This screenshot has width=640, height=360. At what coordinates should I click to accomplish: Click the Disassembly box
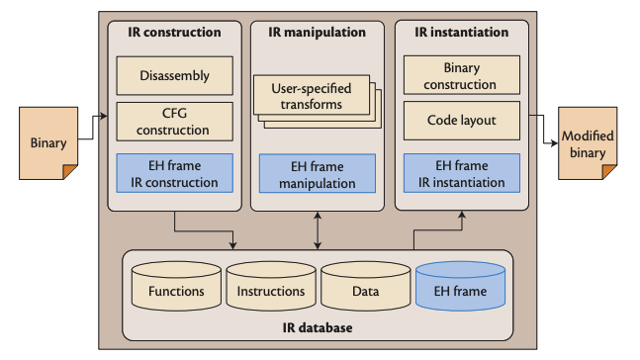(174, 75)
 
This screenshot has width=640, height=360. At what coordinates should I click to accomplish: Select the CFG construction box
(174, 122)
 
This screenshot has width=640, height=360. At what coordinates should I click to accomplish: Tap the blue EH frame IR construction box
(174, 174)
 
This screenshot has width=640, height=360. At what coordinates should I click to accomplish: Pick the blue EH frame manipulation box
(317, 174)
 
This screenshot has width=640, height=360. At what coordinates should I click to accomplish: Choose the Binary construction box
(462, 75)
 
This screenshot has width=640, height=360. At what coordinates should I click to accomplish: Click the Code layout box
(462, 121)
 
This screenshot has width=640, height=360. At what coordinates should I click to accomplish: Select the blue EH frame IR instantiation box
(462, 174)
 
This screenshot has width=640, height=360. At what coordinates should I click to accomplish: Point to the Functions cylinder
(176, 288)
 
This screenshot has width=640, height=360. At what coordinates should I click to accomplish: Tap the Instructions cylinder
(270, 288)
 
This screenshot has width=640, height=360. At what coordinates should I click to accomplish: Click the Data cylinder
(365, 288)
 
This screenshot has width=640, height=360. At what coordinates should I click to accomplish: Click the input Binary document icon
(47, 143)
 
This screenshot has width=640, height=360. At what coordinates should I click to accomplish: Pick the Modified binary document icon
(589, 142)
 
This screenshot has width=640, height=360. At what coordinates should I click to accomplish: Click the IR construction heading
(174, 33)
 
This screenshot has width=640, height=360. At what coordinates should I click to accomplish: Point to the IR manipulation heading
(317, 33)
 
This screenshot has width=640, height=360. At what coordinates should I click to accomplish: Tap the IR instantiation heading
(462, 33)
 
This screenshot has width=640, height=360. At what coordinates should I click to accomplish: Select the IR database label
(317, 326)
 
